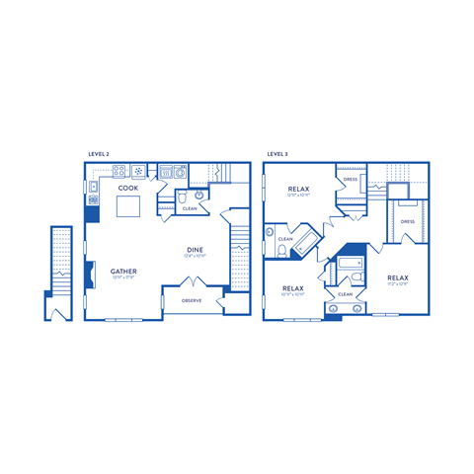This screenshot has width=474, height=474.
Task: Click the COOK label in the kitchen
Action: point(128,188)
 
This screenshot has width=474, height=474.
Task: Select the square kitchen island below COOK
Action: point(129,206)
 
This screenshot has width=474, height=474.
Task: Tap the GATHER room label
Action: point(123,270)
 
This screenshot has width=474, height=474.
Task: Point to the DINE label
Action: point(195,250)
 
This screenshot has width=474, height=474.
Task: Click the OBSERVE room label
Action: point(192,300)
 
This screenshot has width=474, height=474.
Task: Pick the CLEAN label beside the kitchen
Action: point(190,209)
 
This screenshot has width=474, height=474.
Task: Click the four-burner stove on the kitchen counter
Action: point(140,171)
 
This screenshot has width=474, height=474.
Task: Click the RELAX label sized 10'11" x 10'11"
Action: point(292,288)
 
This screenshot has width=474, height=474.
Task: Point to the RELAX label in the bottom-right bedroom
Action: point(398,277)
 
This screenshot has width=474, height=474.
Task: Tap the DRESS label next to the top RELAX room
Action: point(350,180)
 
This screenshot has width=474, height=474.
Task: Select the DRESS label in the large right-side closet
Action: point(408,222)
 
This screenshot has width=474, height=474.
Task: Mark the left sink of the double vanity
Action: point(334,309)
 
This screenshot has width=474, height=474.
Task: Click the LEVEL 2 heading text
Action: point(99,154)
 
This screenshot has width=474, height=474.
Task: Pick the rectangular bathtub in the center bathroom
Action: point(352,264)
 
